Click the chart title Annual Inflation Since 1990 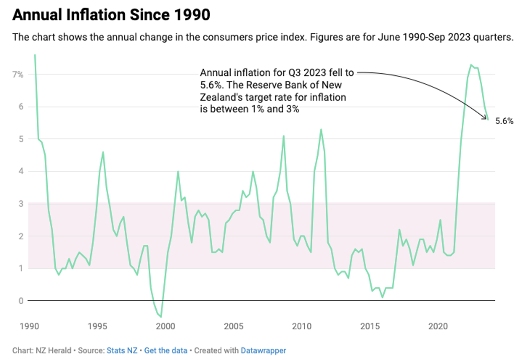111,15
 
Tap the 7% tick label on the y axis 18,74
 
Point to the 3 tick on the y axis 21,204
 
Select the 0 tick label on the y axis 21,301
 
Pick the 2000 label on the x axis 166,325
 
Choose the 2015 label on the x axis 370,325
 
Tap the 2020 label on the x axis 438,325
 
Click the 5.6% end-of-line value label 504,121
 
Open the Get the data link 165,350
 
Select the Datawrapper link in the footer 264,350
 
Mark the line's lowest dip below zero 161,317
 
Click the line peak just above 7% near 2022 471,65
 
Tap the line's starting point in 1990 35,55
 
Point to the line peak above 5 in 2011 321,129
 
